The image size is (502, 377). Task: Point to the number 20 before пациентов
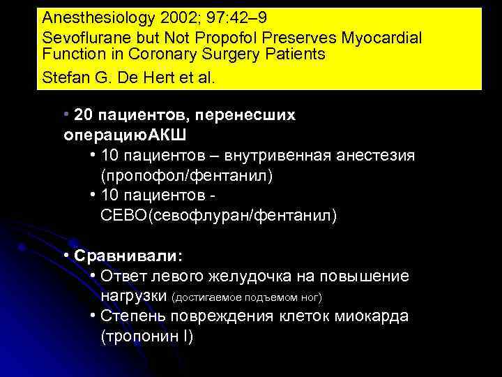[82, 114]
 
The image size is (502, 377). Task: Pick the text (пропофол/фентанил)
[186, 175]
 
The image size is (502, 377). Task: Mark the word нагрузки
[133, 297]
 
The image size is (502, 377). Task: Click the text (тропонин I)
[146, 337]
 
